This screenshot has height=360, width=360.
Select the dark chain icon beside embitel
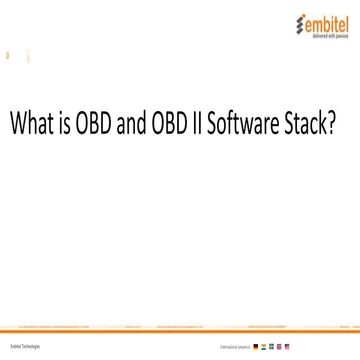(x=290, y=22)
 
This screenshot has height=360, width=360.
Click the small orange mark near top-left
(x=8, y=56)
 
